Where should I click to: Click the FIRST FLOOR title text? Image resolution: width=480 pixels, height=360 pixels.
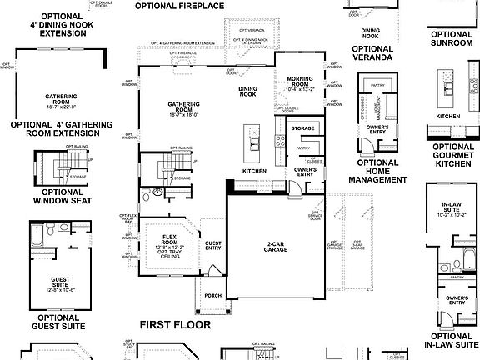[175, 325]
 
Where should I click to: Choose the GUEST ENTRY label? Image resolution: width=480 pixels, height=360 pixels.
[212, 245]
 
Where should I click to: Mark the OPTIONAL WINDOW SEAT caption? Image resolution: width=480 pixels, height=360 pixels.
[55, 195]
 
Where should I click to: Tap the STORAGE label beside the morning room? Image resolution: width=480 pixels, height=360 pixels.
[302, 128]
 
